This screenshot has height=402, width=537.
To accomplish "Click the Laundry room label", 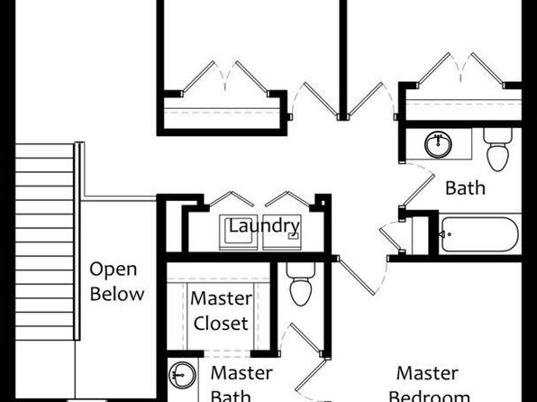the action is (264, 226).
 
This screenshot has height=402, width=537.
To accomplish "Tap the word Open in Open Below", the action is (113, 270).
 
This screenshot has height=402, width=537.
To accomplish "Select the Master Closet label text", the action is (221, 311).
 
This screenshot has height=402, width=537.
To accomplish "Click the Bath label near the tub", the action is (465, 188).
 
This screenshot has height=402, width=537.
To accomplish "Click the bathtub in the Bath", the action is (480, 234).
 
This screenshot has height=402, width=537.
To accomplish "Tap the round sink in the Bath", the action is (438, 144).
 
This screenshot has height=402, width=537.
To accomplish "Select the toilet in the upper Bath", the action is (497, 149).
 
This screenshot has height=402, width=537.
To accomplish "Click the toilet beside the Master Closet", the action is (301, 284).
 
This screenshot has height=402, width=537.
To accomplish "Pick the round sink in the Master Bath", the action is (182, 375).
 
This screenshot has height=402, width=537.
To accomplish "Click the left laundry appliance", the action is (239, 233).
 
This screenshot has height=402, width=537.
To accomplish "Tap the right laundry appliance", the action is (282, 233).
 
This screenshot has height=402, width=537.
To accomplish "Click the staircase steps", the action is (44, 242).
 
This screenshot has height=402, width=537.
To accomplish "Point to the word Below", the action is (117, 294).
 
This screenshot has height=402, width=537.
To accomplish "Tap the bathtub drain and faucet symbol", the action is (444, 234).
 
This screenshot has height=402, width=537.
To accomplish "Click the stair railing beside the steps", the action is (78, 241).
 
